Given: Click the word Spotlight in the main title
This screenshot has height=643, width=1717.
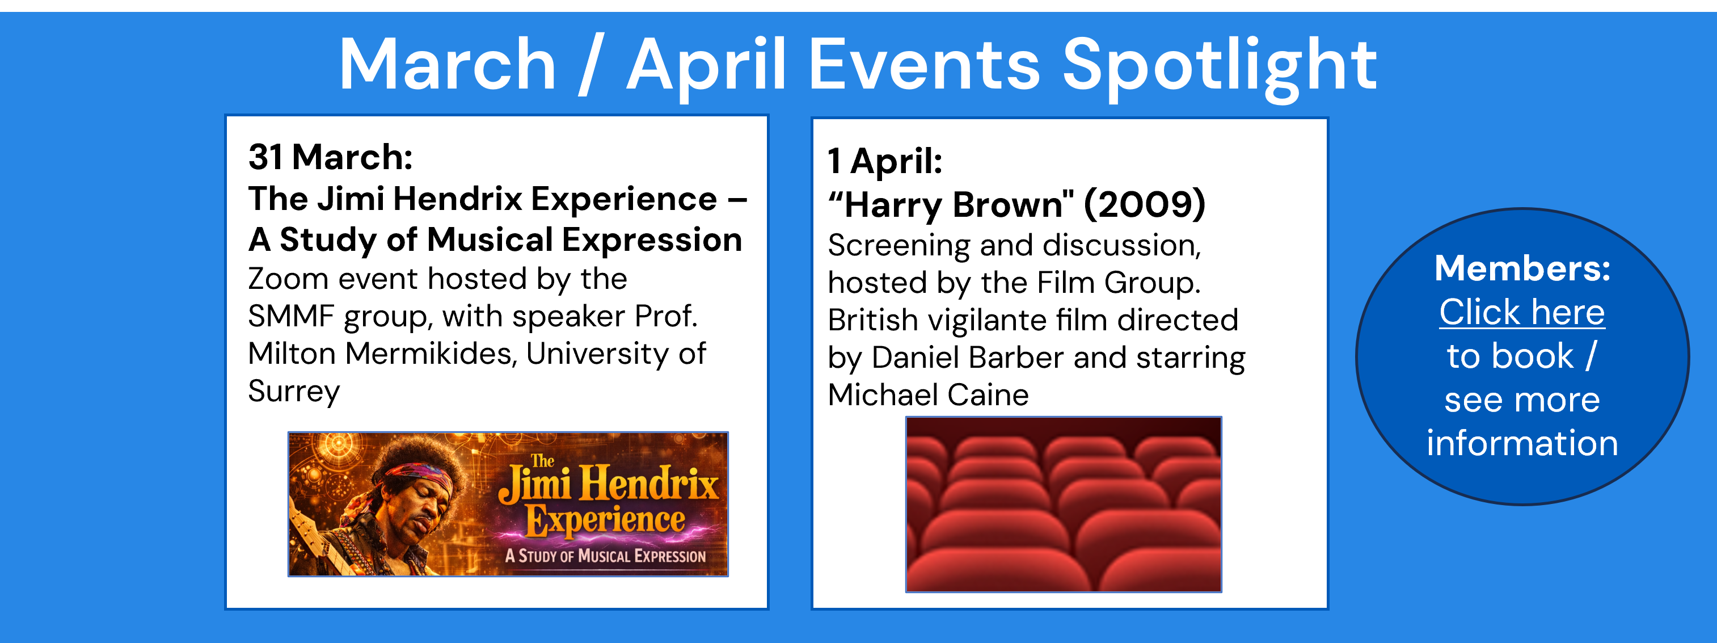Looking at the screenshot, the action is tap(1220, 67).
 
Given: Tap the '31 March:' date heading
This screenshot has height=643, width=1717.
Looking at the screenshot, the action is tap(331, 157).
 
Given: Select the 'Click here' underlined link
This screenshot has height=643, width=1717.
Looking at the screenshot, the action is tap(1522, 312).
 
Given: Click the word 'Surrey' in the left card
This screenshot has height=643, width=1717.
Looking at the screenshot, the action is tap(294, 392).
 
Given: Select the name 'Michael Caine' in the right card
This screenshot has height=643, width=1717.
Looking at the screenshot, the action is tap(929, 395).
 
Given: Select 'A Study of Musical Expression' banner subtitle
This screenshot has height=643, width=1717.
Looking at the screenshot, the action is tap(605, 556).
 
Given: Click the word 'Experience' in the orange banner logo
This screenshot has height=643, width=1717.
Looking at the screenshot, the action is tap(605, 520).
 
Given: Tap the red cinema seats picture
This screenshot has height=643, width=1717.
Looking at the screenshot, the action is tap(1064, 505).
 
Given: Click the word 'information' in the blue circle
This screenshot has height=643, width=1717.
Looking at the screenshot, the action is tap(1522, 444).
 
